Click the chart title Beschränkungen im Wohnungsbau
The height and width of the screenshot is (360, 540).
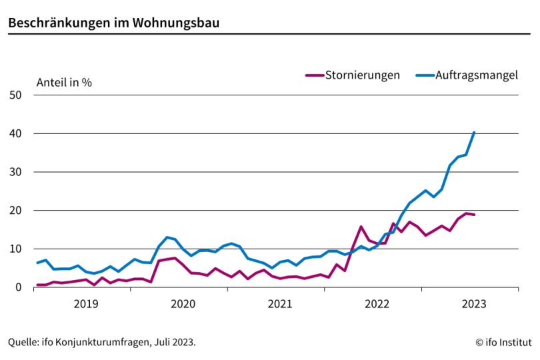click(x=114, y=22)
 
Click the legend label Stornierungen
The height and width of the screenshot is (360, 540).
click(x=362, y=75)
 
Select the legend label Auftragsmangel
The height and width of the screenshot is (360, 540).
click(x=476, y=75)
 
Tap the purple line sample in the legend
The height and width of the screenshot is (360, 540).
click(x=313, y=75)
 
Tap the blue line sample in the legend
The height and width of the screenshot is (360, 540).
click(x=424, y=75)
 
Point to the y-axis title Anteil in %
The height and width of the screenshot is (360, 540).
click(x=64, y=83)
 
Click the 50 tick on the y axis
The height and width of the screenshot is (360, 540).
click(x=17, y=95)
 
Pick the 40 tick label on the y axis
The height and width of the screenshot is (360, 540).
click(x=17, y=134)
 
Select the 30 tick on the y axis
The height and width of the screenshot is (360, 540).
click(x=17, y=172)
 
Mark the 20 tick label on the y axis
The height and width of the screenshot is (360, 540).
click(x=17, y=211)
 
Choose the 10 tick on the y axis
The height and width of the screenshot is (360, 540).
click(x=17, y=249)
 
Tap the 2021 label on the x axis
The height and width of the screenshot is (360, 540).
click(x=279, y=304)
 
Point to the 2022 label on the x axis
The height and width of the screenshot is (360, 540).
click(x=377, y=304)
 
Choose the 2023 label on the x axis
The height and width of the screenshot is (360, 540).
click(x=473, y=304)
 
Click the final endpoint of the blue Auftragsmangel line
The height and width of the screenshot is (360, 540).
click(x=474, y=132)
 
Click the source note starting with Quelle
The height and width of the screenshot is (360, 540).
click(x=102, y=342)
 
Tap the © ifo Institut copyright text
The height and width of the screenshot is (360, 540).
click(x=503, y=342)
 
